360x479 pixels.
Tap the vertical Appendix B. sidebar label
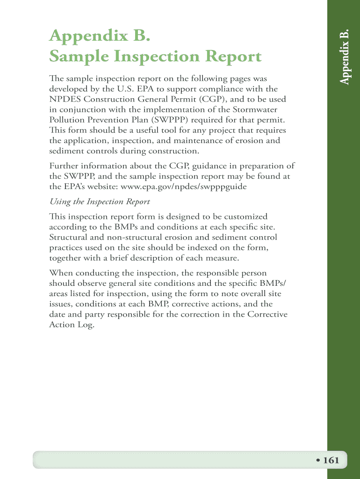(x=345, y=56)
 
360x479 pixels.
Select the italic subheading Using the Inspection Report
(x=100, y=202)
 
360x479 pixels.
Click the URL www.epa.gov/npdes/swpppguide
(x=184, y=186)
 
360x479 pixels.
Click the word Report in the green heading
(x=230, y=57)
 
